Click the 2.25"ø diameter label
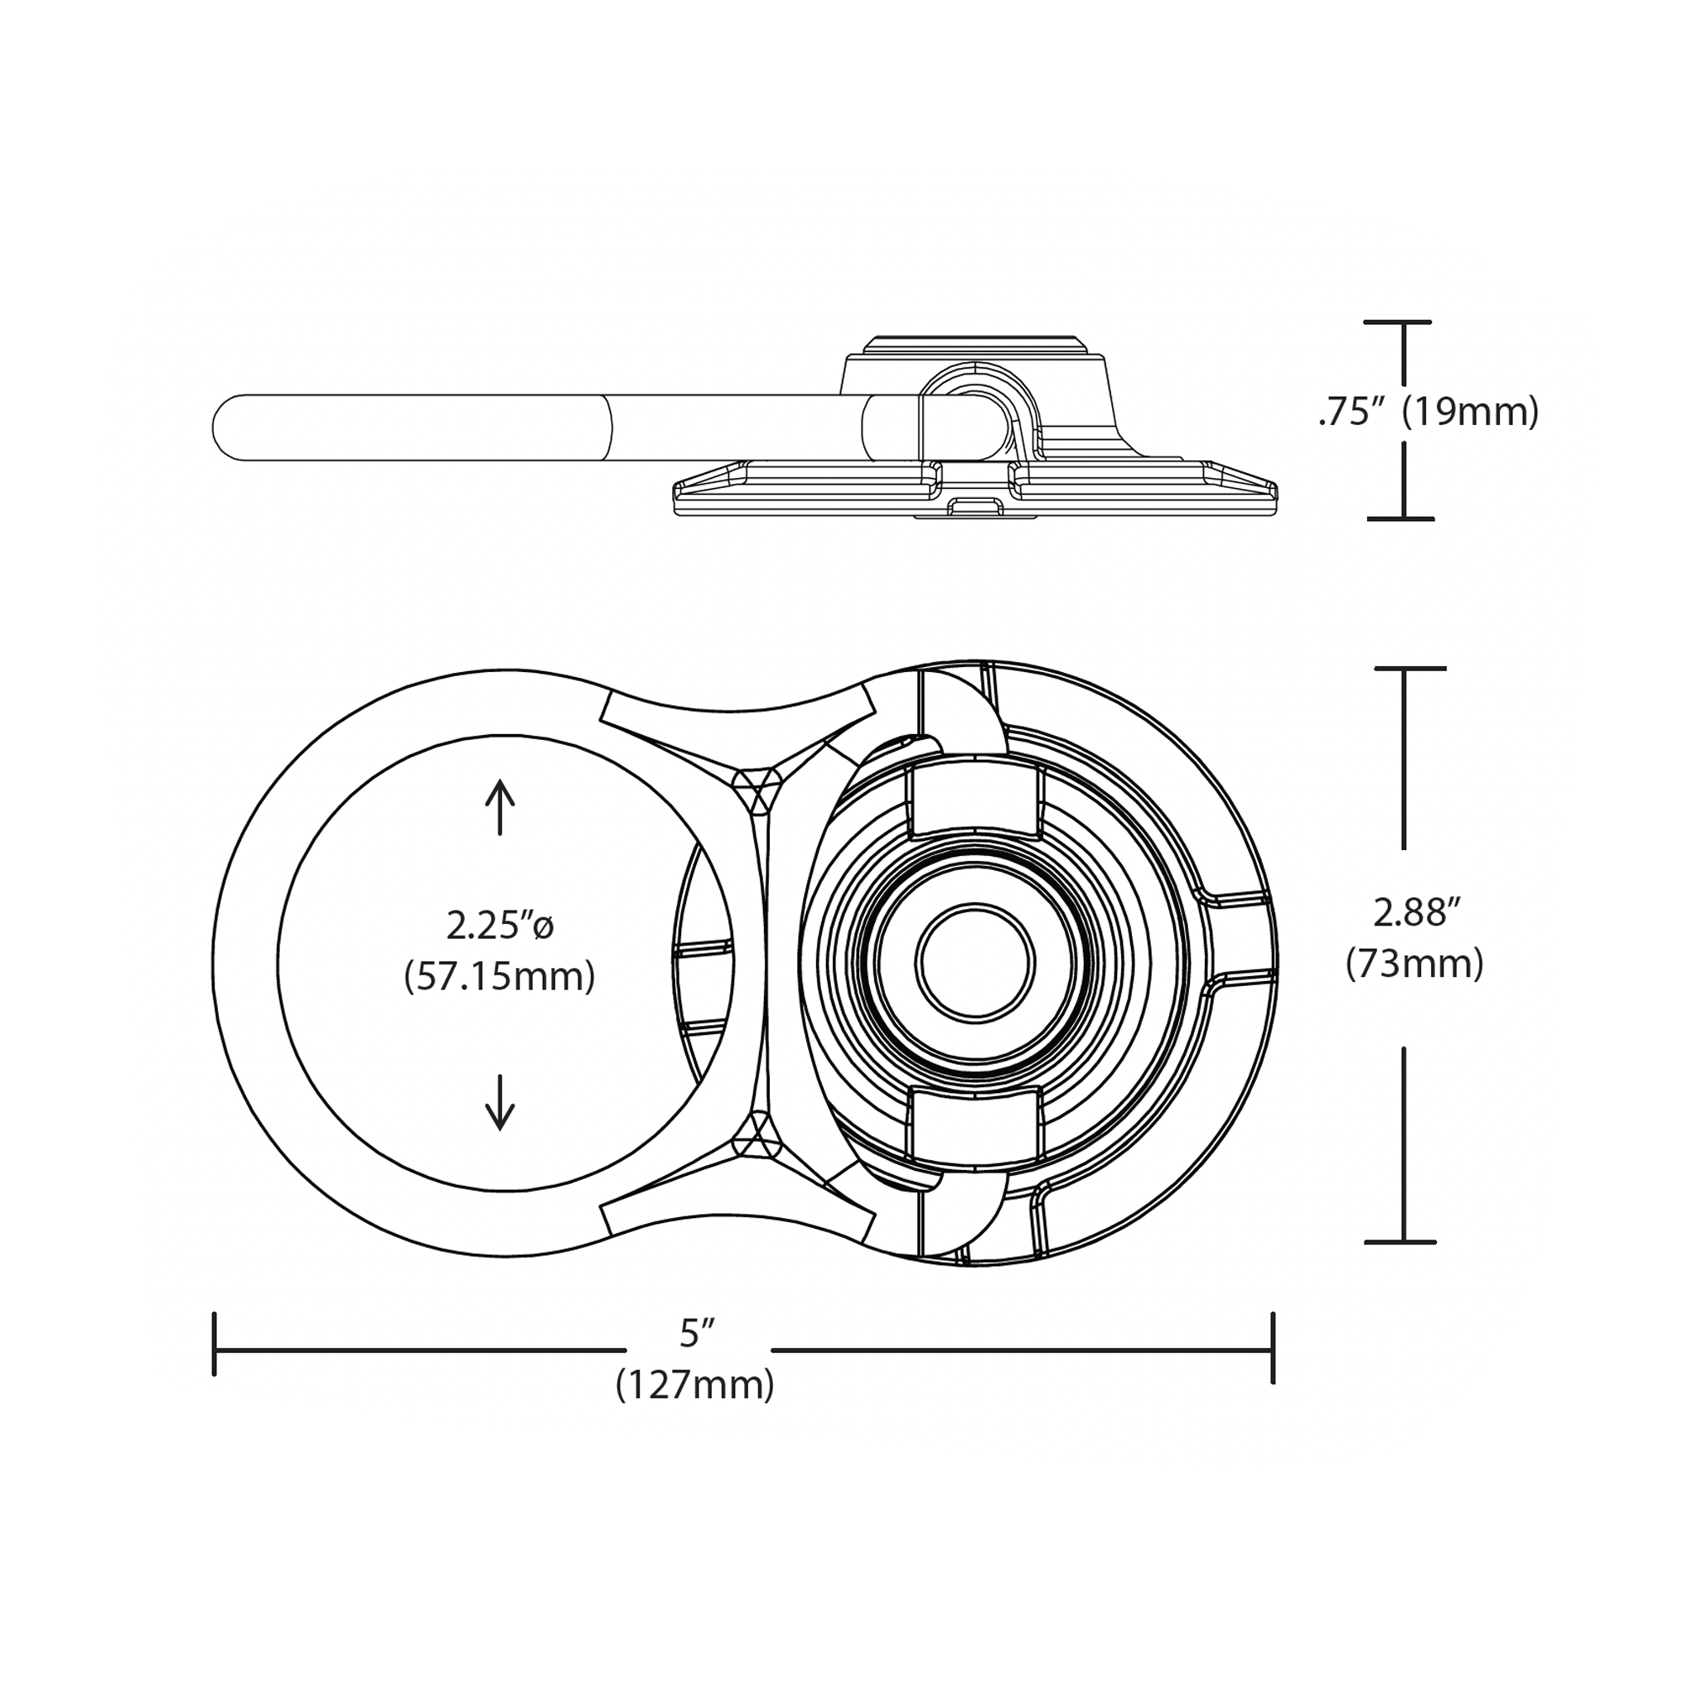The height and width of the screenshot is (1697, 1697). pyautogui.click(x=500, y=925)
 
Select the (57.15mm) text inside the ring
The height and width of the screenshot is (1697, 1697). pyautogui.click(x=500, y=977)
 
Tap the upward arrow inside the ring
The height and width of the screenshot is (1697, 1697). pyautogui.click(x=500, y=806)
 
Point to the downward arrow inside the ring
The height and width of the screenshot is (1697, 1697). pyautogui.click(x=500, y=1102)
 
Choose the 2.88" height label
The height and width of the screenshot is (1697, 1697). pyautogui.click(x=1417, y=912)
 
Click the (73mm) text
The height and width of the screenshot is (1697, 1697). pyautogui.click(x=1415, y=964)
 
